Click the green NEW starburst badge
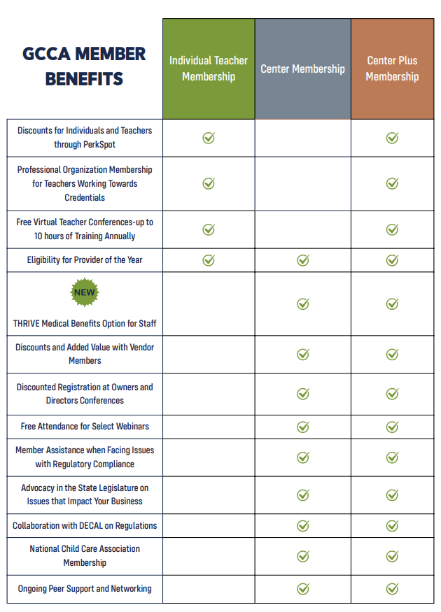85,292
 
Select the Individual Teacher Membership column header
209,69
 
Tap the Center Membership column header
302,69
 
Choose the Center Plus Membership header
392,69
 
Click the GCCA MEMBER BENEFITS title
84,66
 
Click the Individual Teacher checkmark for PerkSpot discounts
209,137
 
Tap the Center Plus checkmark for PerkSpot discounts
392,137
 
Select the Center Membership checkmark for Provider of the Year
302,260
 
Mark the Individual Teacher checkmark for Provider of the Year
209,260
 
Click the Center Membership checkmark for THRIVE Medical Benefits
302,304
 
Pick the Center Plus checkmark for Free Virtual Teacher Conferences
392,229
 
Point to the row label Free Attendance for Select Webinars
85,426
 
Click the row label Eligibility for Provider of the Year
85,260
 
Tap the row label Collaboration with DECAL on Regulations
85,526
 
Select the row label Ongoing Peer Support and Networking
85,589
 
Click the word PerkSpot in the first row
99,144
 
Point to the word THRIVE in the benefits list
27,324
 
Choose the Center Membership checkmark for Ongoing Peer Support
302,589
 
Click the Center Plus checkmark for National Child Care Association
392,556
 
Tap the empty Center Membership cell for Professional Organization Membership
302,184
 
